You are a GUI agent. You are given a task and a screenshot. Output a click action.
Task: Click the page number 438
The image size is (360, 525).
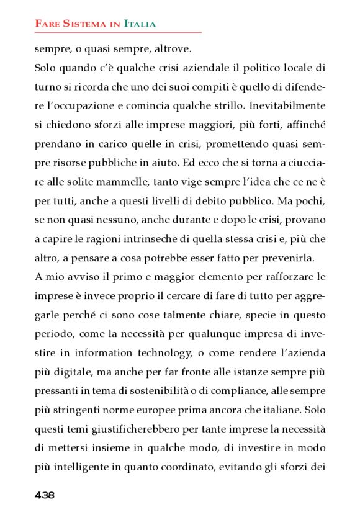[45, 495]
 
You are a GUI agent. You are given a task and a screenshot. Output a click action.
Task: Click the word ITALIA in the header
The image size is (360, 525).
[140, 24]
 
